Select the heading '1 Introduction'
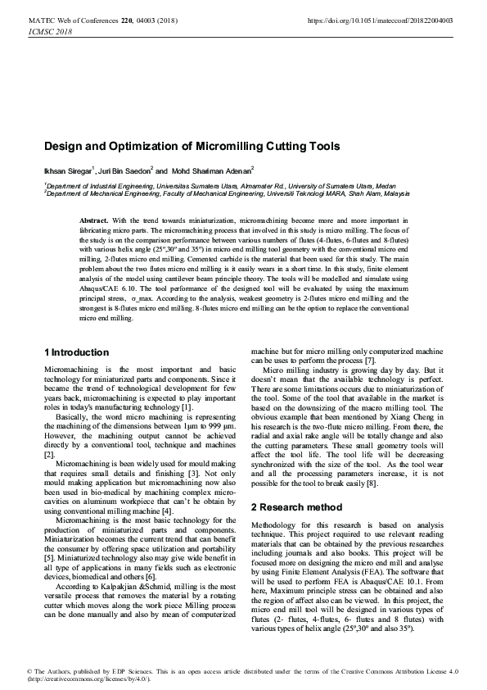(x=76, y=352)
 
